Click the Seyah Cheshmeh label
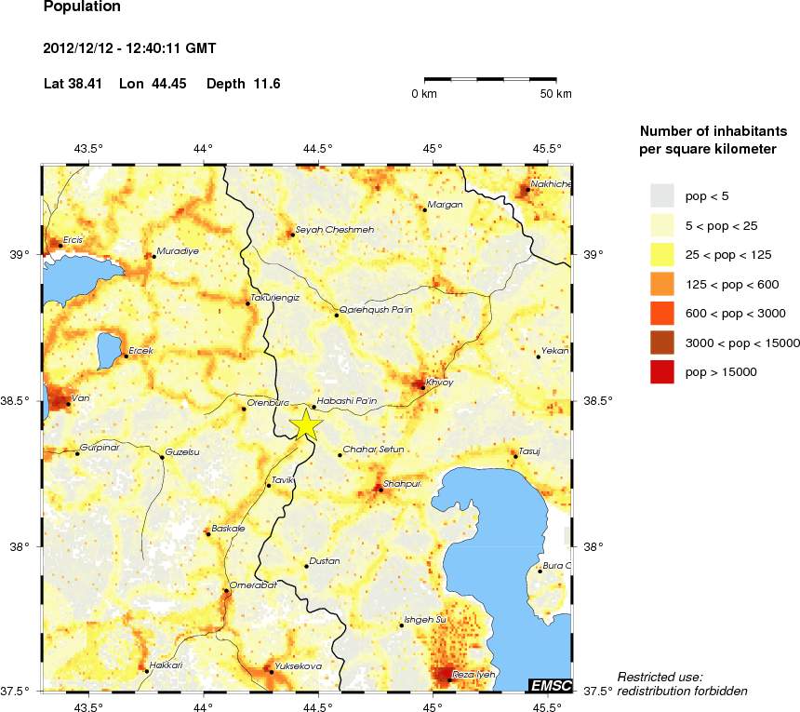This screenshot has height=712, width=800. click(334, 230)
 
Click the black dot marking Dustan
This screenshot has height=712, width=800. click(306, 566)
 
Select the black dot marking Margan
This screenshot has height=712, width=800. click(424, 209)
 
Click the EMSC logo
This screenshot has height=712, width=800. click(549, 685)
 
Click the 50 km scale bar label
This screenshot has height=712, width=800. click(556, 95)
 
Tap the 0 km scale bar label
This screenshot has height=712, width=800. click(424, 95)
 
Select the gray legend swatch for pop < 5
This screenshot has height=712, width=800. click(661, 195)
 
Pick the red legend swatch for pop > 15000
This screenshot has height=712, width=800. click(661, 372)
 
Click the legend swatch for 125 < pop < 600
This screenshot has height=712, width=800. click(661, 284)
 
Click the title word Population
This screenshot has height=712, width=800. click(82, 7)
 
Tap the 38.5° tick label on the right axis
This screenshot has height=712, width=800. click(596, 401)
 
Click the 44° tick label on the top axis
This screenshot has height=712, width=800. click(204, 148)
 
